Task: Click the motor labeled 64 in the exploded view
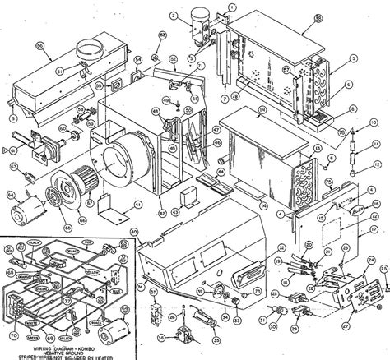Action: pyautogui.click(x=25, y=215)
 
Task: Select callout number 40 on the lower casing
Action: pyautogui.click(x=132, y=232)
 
